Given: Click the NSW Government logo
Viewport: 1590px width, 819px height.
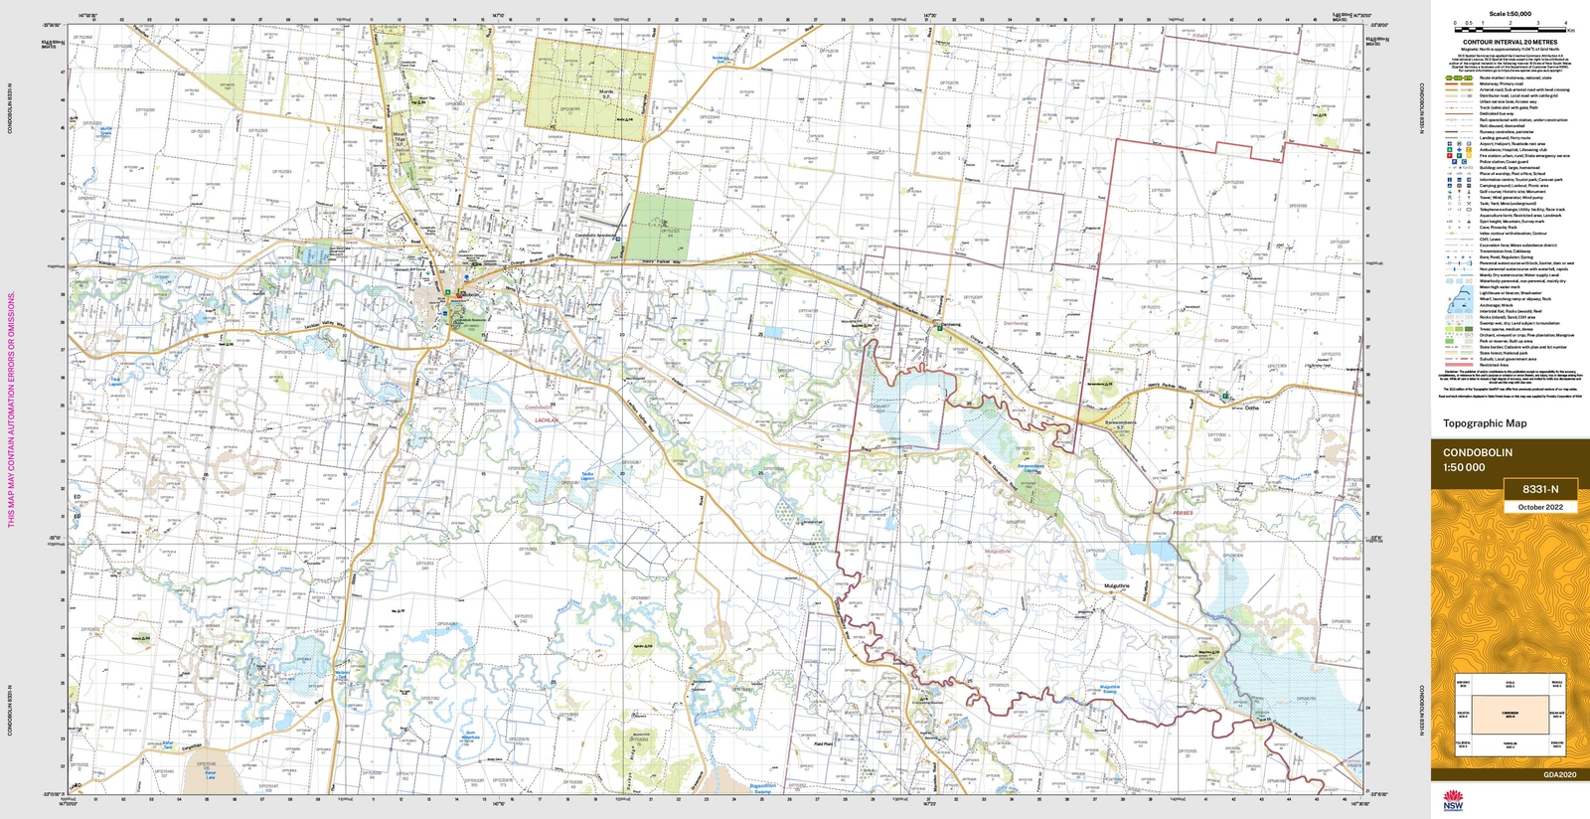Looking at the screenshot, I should click(x=1454, y=799).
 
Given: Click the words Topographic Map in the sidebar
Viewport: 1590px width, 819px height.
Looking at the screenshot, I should click(x=1485, y=423).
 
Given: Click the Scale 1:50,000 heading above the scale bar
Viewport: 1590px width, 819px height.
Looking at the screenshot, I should click(x=1510, y=14).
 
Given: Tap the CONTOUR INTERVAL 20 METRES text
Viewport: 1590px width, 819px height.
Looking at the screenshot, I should click(x=1510, y=43).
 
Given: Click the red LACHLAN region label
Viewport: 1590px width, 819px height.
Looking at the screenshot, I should click(x=547, y=420).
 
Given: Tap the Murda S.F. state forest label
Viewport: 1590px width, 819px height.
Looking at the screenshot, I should click(x=607, y=92).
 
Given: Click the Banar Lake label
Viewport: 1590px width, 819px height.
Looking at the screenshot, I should click(x=210, y=773).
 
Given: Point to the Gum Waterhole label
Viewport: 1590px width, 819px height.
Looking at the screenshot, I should click(x=470, y=736).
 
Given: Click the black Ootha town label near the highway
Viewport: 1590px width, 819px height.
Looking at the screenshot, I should click(x=1251, y=408).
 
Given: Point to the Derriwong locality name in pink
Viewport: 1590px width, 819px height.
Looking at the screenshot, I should click(x=1015, y=323).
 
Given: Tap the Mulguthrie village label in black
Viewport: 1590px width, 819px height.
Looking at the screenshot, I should click(x=1117, y=585).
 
